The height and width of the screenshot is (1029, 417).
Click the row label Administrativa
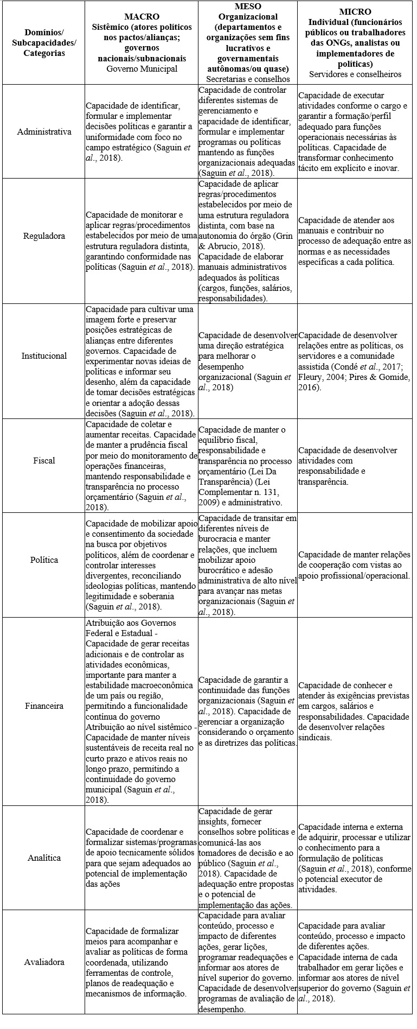coord(44,132)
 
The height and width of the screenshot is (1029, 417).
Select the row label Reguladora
coord(44,236)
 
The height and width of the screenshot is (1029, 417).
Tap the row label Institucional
coord(44,356)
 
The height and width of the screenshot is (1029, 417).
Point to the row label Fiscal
coord(44,461)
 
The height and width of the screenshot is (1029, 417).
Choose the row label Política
coord(44,560)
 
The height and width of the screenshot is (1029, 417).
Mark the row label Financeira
coord(44,706)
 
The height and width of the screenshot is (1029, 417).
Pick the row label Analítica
coord(44,858)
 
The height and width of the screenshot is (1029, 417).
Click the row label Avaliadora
coord(44,962)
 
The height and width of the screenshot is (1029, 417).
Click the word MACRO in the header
coord(142,17)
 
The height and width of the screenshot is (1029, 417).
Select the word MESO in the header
coord(247,7)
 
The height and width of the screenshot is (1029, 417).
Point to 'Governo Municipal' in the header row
coord(142,69)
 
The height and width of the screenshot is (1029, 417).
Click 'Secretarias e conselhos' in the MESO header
coord(247,79)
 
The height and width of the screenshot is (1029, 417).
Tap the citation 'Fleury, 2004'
coord(320,377)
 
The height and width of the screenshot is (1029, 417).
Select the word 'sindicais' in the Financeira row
coord(315,738)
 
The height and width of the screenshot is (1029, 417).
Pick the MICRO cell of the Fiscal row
coord(355,461)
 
